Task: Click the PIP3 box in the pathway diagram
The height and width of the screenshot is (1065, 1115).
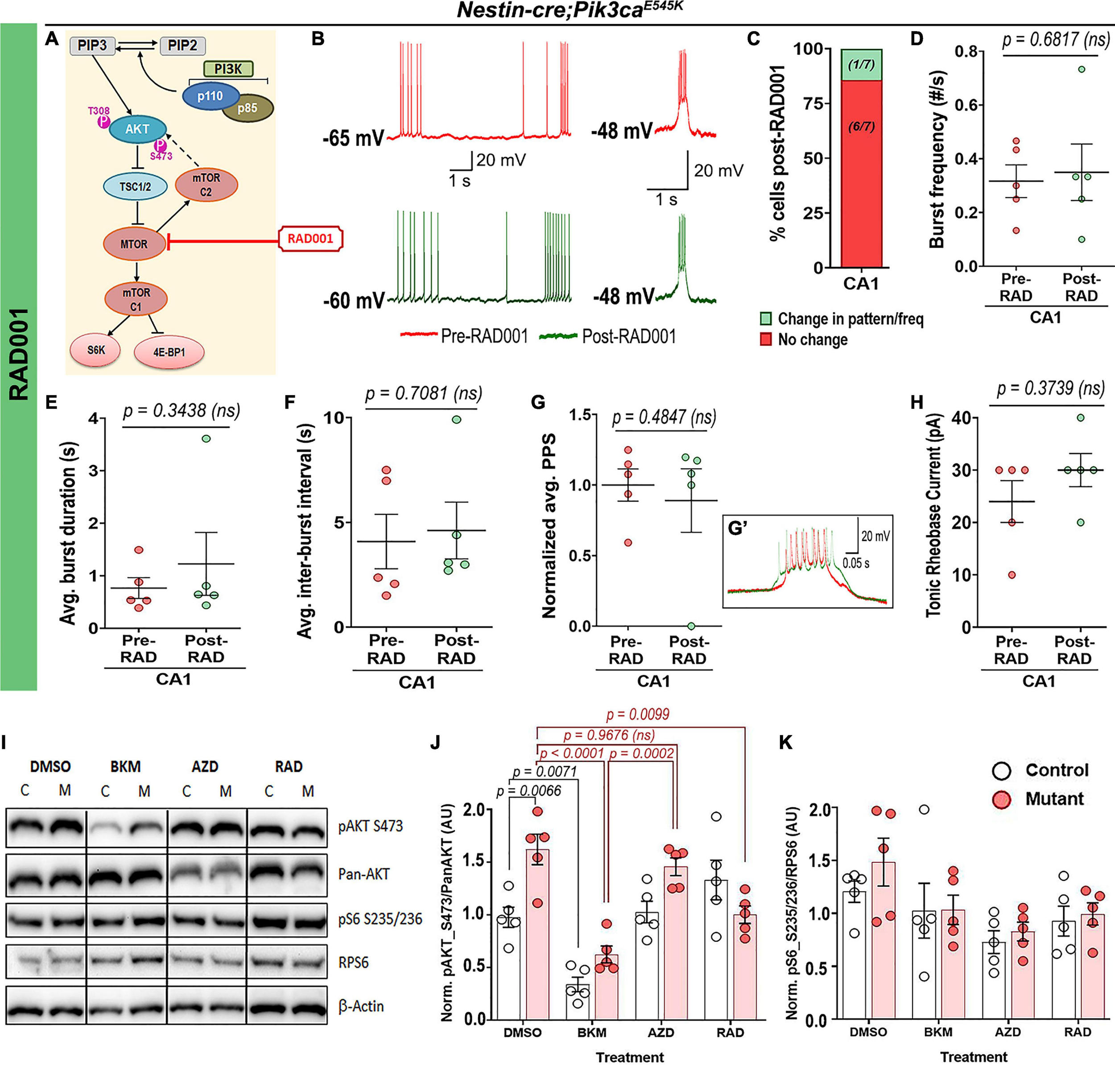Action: pyautogui.click(x=92, y=45)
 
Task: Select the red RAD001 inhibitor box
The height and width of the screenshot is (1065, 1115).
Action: pyautogui.click(x=310, y=239)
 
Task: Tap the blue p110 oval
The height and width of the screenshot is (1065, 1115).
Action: pyautogui.click(x=210, y=96)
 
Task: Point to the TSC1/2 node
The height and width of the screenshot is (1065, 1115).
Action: pyautogui.click(x=135, y=186)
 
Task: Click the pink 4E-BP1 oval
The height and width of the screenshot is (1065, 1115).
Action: pyautogui.click(x=169, y=352)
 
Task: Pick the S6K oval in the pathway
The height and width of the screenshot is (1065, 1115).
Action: pyautogui.click(x=96, y=350)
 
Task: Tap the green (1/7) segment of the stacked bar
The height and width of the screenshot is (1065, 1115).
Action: pyautogui.click(x=861, y=65)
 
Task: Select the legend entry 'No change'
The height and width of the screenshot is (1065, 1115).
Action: pyautogui.click(x=812, y=339)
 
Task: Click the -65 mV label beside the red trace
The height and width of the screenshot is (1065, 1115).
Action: pyautogui.click(x=353, y=138)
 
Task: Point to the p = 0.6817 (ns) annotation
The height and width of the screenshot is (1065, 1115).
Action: pyautogui.click(x=1055, y=40)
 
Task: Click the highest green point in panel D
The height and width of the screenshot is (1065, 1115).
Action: pyautogui.click(x=1082, y=69)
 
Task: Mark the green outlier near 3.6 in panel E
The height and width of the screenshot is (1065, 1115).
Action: pyautogui.click(x=206, y=438)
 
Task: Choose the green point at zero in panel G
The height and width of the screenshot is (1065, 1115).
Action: pyautogui.click(x=691, y=626)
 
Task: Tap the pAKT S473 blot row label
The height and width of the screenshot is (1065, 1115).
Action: pyautogui.click(x=370, y=826)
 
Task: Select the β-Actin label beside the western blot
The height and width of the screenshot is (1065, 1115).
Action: pyautogui.click(x=361, y=1006)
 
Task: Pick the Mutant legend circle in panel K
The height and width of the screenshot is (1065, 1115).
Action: pyautogui.click(x=1001, y=799)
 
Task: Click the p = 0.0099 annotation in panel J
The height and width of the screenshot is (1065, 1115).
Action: pyautogui.click(x=637, y=714)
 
